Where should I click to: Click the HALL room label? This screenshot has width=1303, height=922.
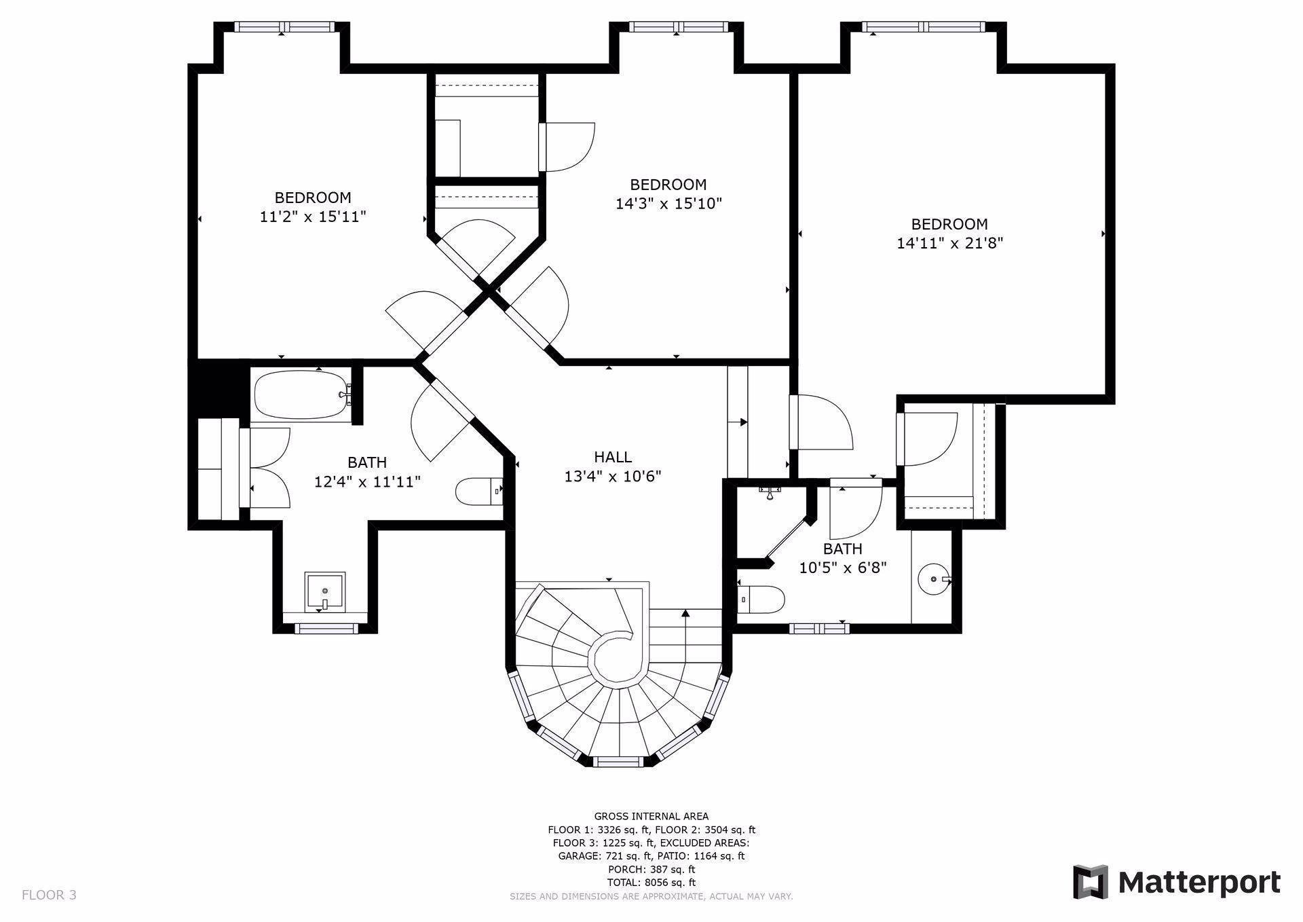[x=613, y=457]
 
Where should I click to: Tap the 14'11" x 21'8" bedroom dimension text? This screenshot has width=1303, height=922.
[x=949, y=243]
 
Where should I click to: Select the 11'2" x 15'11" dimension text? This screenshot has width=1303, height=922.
[x=313, y=217]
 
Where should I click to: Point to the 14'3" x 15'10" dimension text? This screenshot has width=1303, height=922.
[x=668, y=203]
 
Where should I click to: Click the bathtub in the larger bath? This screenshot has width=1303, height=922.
[x=303, y=394]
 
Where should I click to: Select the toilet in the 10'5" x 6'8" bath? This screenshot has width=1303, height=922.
[x=761, y=600]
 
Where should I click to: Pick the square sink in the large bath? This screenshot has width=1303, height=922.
[x=324, y=591]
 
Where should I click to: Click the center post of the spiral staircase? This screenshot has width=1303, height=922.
[x=616, y=657]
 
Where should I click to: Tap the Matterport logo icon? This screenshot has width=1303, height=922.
[x=1090, y=882]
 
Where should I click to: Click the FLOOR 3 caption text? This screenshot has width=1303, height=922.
[x=49, y=895]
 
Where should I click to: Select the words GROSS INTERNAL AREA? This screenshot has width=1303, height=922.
[x=651, y=816]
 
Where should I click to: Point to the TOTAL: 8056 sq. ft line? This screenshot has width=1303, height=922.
[x=651, y=883]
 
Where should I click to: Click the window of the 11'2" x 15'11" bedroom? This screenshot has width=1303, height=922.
[x=285, y=27]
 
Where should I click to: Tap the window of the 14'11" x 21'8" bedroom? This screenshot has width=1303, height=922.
[x=924, y=27]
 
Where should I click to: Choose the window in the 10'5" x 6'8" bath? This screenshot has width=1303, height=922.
[x=819, y=628]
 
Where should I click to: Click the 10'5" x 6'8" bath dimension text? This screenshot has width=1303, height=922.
[x=843, y=568]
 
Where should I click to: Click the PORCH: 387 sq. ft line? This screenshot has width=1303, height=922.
[x=651, y=869]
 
